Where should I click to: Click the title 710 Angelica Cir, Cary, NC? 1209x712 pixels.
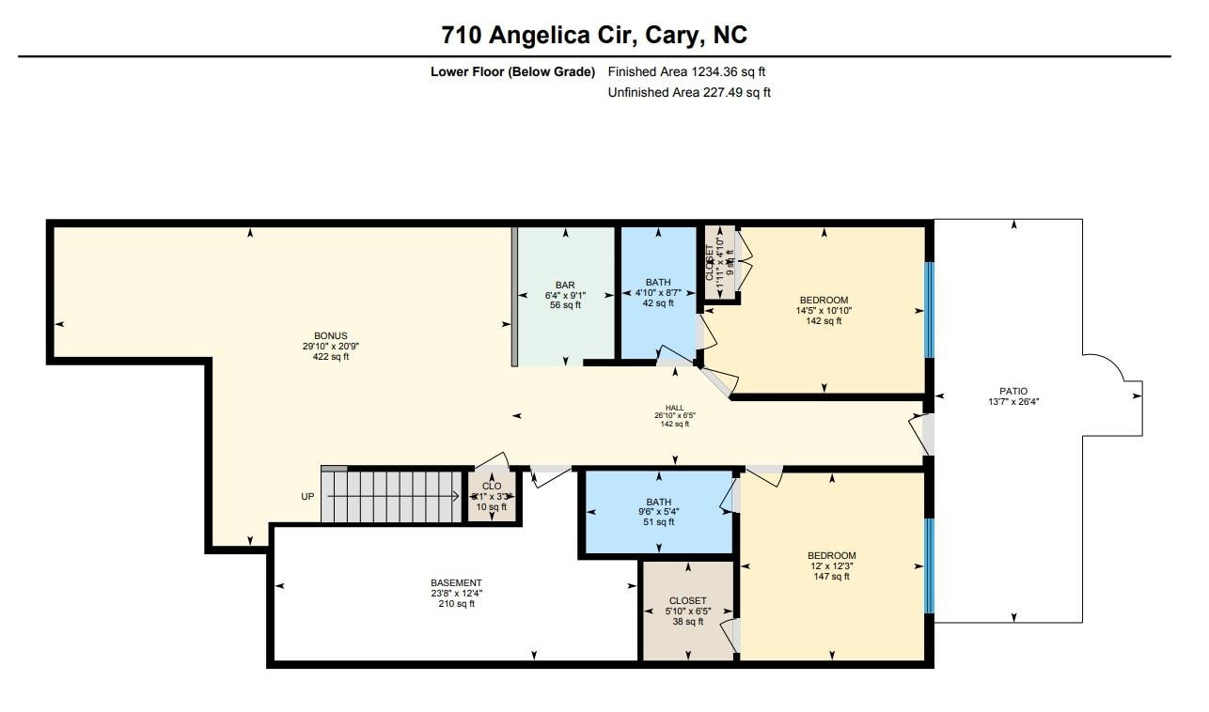pyautogui.click(x=594, y=35)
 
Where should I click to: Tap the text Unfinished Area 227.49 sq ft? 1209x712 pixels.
pyautogui.click(x=689, y=92)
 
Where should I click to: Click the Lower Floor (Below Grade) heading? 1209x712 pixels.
pyautogui.click(x=512, y=71)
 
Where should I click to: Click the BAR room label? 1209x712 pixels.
pyautogui.click(x=564, y=295)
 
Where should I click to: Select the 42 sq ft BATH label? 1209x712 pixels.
pyautogui.click(x=658, y=292)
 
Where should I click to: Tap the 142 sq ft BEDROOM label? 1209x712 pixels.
pyautogui.click(x=824, y=310)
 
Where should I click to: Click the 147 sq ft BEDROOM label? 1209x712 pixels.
pyautogui.click(x=831, y=565)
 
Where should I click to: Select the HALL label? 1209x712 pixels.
pyautogui.click(x=674, y=415)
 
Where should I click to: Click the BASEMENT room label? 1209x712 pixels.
pyautogui.click(x=456, y=593)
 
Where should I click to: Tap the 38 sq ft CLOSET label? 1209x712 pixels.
pyautogui.click(x=687, y=611)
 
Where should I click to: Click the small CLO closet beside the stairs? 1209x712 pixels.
pyautogui.click(x=492, y=495)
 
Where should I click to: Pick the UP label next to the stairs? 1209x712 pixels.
pyautogui.click(x=307, y=496)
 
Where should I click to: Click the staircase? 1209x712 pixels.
pyautogui.click(x=395, y=495)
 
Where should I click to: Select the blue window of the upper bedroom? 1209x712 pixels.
pyautogui.click(x=929, y=310)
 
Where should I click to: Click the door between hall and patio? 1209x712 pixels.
pyautogui.click(x=925, y=433)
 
